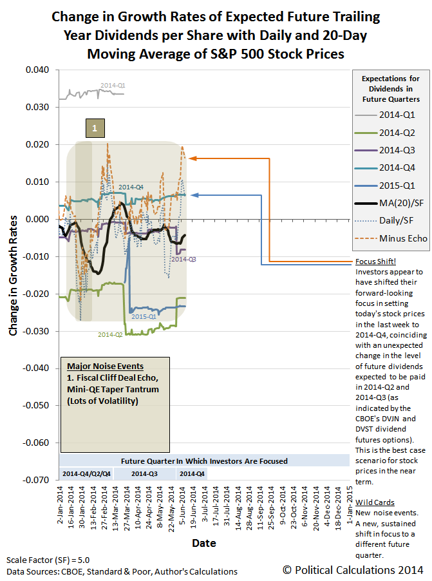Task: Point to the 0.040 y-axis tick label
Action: (x=39, y=70)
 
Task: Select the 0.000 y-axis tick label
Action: (x=39, y=219)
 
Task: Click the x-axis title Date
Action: (x=203, y=543)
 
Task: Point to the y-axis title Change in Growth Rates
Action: (x=13, y=275)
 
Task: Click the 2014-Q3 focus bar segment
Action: (x=144, y=473)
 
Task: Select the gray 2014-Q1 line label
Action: (x=113, y=84)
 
